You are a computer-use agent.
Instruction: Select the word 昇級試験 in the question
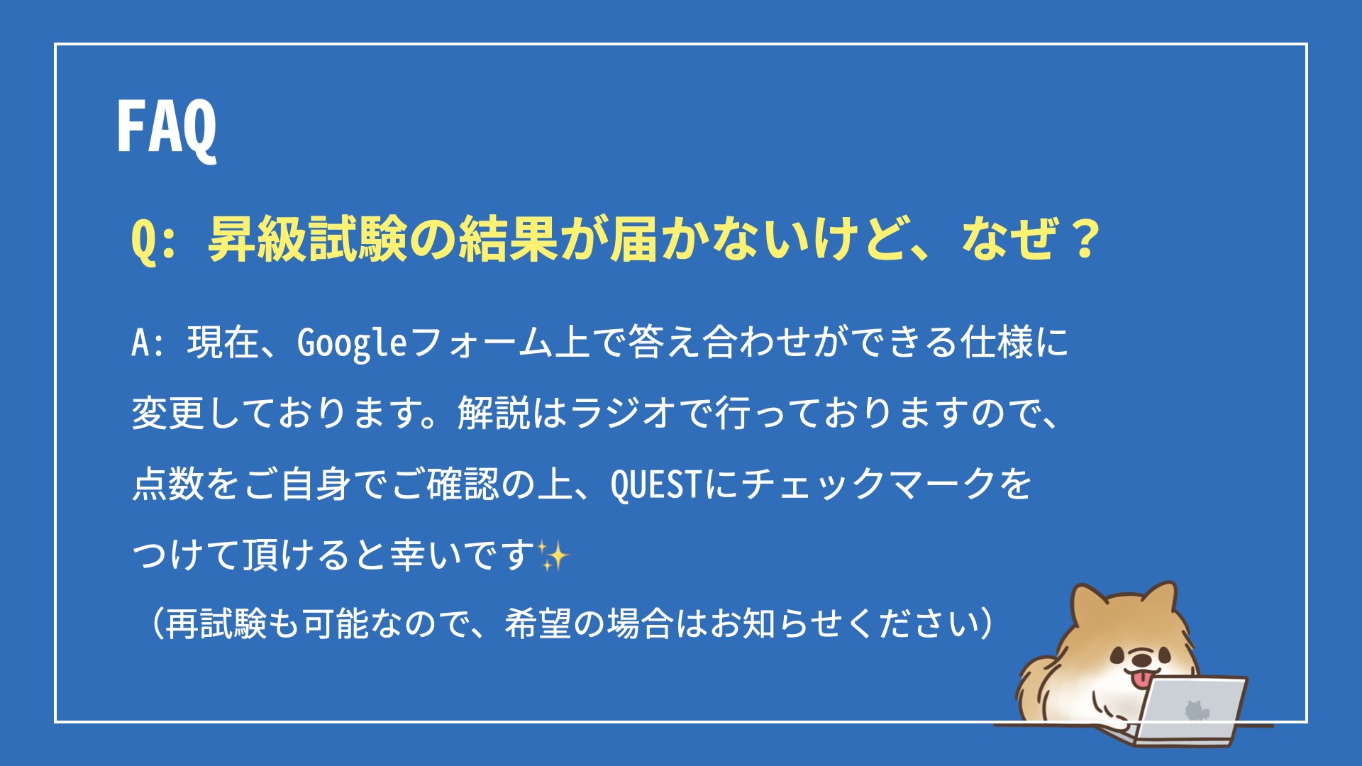coord(308,239)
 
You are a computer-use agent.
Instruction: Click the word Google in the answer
coord(352,344)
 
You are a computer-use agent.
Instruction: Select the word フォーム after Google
coord(480,343)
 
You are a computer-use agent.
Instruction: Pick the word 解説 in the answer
coord(494,413)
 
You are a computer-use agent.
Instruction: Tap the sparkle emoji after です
coord(553,555)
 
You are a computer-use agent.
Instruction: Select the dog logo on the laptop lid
coord(1196,710)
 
